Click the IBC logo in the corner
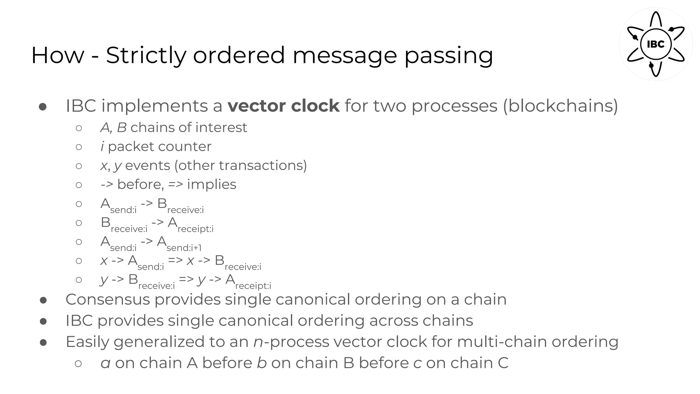[656, 44]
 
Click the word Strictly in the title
[146, 55]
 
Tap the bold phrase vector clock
[283, 106]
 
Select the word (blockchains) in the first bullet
[560, 106]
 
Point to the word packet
[130, 147]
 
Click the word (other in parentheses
[194, 166]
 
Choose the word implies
[212, 184]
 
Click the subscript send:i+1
[184, 248]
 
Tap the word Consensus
[108, 300]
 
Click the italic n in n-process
[258, 342]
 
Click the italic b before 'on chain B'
[261, 363]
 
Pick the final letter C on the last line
[503, 363]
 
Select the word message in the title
[345, 55]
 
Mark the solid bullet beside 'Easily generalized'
[43, 342]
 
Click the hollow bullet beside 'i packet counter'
[79, 147]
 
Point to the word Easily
[87, 342]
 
